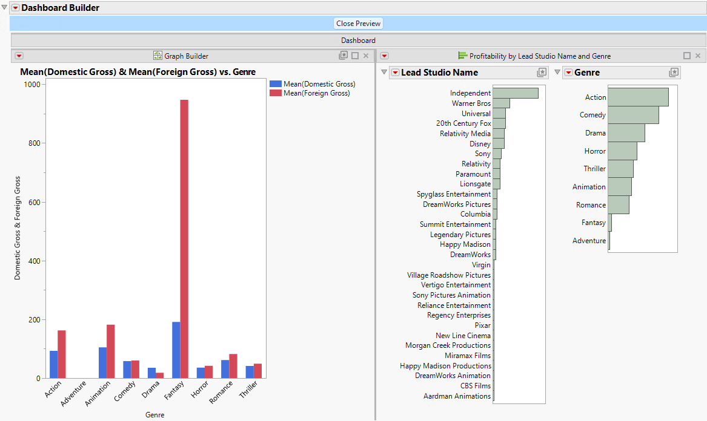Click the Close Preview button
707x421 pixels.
pyautogui.click(x=359, y=24)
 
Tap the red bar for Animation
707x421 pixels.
pyautogui.click(x=110, y=351)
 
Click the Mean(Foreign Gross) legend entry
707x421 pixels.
pyautogui.click(x=317, y=93)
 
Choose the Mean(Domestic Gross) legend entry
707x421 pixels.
pyautogui.click(x=319, y=84)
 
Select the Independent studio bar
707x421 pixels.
pyautogui.click(x=515, y=93)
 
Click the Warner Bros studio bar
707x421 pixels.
pyautogui.click(x=501, y=103)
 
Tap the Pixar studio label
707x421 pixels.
pyautogui.click(x=483, y=325)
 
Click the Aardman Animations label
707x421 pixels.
pyautogui.click(x=457, y=396)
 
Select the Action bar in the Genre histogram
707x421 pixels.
pyautogui.click(x=637, y=97)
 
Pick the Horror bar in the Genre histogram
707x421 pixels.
pyautogui.click(x=622, y=151)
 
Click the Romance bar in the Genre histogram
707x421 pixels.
pyautogui.click(x=618, y=205)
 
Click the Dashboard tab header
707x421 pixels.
pyautogui.click(x=358, y=41)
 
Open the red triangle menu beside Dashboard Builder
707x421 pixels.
pyautogui.click(x=15, y=8)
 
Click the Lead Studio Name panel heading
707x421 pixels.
pyautogui.click(x=439, y=73)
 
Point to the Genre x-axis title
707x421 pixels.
pyautogui.click(x=154, y=415)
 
